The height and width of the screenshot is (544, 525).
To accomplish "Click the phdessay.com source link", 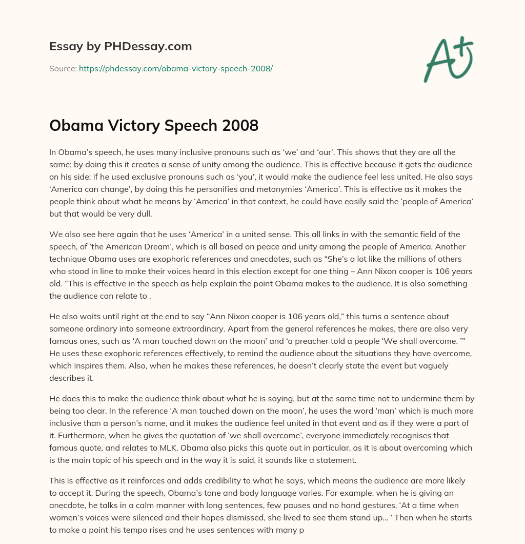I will [176, 68].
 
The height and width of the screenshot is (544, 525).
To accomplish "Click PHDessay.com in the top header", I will [148, 47].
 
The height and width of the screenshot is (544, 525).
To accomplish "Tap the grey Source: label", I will [63, 68].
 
